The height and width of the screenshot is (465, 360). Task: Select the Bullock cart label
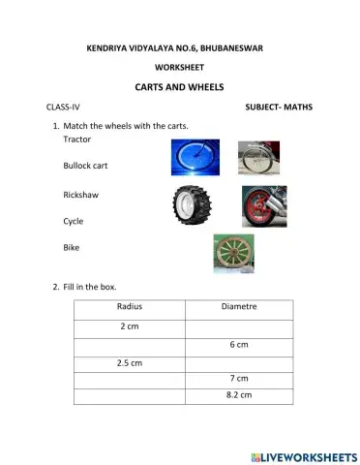[85, 166]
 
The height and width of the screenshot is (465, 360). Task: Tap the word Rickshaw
[80, 195]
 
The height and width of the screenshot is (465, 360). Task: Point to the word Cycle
[74, 221]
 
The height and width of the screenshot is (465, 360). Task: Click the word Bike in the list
[72, 248]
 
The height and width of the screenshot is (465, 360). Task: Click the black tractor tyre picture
[188, 204]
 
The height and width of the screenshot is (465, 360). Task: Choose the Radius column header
[130, 308]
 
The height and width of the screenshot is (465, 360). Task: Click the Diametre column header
[239, 308]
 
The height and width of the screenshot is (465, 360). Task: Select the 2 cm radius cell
[130, 326]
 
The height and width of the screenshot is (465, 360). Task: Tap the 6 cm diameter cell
[239, 344]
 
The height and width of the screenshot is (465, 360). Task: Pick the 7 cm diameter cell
[239, 378]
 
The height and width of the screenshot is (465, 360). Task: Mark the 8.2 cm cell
[239, 395]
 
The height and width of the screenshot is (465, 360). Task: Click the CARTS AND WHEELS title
[180, 86]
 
